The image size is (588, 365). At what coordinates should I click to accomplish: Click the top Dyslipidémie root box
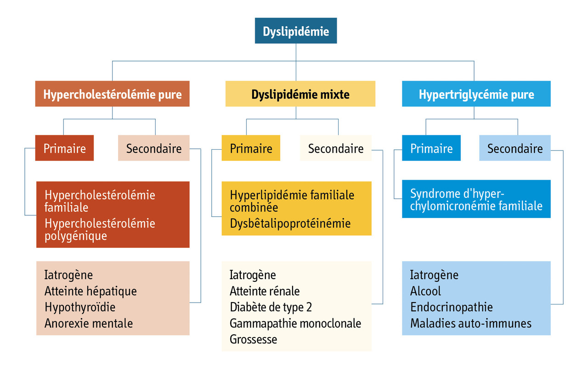click(x=296, y=31)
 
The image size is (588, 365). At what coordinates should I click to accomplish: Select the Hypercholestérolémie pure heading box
click(x=113, y=94)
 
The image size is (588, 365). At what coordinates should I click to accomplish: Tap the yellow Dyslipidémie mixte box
click(x=300, y=94)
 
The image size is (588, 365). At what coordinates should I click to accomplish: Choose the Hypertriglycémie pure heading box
click(x=476, y=94)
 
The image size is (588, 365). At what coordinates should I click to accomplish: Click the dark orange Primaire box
click(x=64, y=148)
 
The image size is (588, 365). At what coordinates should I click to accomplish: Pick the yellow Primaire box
click(x=251, y=148)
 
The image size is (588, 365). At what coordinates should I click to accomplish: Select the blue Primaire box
click(x=431, y=148)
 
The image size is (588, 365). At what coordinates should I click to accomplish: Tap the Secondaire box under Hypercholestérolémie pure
click(x=154, y=148)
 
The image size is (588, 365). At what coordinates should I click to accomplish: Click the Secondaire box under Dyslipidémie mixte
click(x=336, y=148)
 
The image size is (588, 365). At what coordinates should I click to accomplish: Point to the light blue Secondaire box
click(x=515, y=148)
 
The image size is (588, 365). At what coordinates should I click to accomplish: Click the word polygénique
click(x=76, y=236)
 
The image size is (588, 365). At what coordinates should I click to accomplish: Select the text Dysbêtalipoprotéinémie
click(x=290, y=224)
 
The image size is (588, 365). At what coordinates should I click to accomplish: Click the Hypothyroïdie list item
click(x=80, y=307)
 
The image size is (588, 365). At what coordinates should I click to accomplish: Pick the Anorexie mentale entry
click(x=89, y=323)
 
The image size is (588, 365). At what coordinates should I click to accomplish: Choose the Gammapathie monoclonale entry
click(x=295, y=323)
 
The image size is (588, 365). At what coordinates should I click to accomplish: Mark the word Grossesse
click(x=254, y=339)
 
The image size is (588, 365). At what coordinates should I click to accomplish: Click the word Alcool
click(x=425, y=291)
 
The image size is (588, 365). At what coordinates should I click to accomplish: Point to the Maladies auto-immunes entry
click(x=471, y=323)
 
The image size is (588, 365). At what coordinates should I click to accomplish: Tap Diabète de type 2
click(x=271, y=307)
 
